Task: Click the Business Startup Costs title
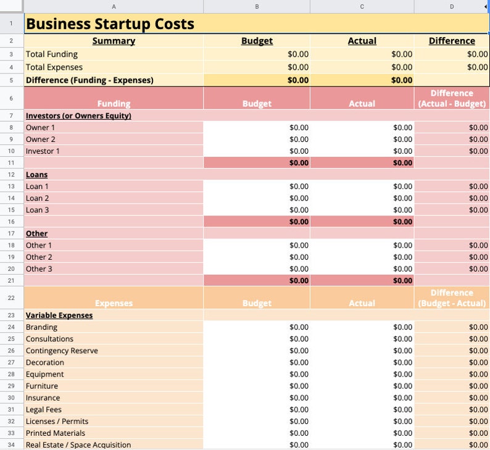[x=110, y=24]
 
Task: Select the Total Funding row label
[x=52, y=54]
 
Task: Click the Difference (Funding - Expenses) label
[x=89, y=80]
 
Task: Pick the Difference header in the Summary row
[x=452, y=41]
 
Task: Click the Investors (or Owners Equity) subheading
[x=78, y=115]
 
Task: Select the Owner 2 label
[x=41, y=140]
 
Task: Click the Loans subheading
[x=36, y=175]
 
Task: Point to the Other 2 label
[x=39, y=257]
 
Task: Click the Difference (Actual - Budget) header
[x=452, y=98]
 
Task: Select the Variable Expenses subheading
[x=59, y=315]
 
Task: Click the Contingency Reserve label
[x=62, y=351]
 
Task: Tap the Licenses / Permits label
[x=57, y=422]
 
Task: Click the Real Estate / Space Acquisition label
[x=78, y=445]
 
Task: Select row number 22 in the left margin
[x=11, y=298]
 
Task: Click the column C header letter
[x=362, y=6]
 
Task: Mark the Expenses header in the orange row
[x=114, y=303]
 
